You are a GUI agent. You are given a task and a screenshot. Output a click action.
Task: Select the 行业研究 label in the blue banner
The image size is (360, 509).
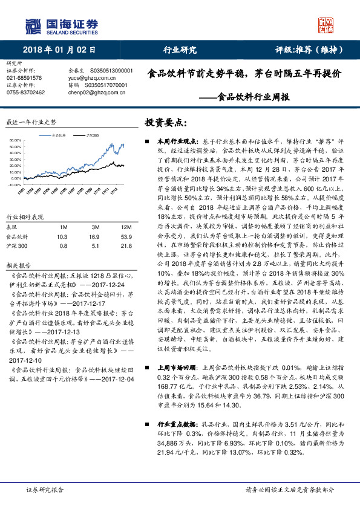(180, 50)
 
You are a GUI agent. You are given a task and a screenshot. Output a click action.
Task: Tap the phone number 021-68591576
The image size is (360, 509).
(24, 78)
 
